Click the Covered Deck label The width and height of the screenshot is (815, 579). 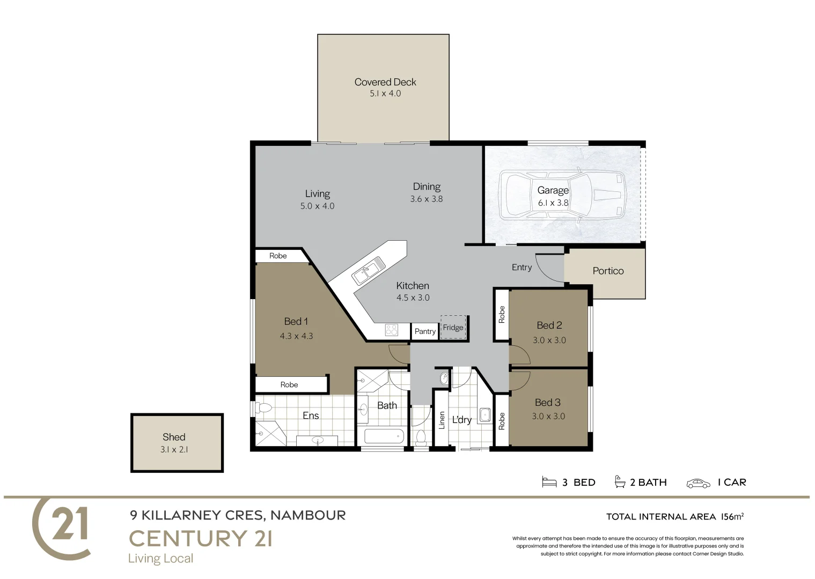385,82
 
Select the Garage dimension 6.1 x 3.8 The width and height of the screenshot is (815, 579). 553,203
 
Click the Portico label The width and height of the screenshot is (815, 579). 608,271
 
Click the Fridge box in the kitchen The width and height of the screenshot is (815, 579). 453,328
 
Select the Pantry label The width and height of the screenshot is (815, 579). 425,331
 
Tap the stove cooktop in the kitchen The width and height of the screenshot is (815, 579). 391,330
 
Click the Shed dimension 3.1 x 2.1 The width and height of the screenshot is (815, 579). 174,450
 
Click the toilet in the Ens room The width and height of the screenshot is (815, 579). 263,407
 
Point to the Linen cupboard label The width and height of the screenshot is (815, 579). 442,420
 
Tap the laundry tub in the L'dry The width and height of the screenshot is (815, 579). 485,414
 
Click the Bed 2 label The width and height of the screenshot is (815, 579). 549,325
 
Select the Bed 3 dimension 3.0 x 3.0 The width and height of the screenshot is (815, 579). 548,417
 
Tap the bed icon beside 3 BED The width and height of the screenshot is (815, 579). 549,482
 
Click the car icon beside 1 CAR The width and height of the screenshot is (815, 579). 698,483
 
